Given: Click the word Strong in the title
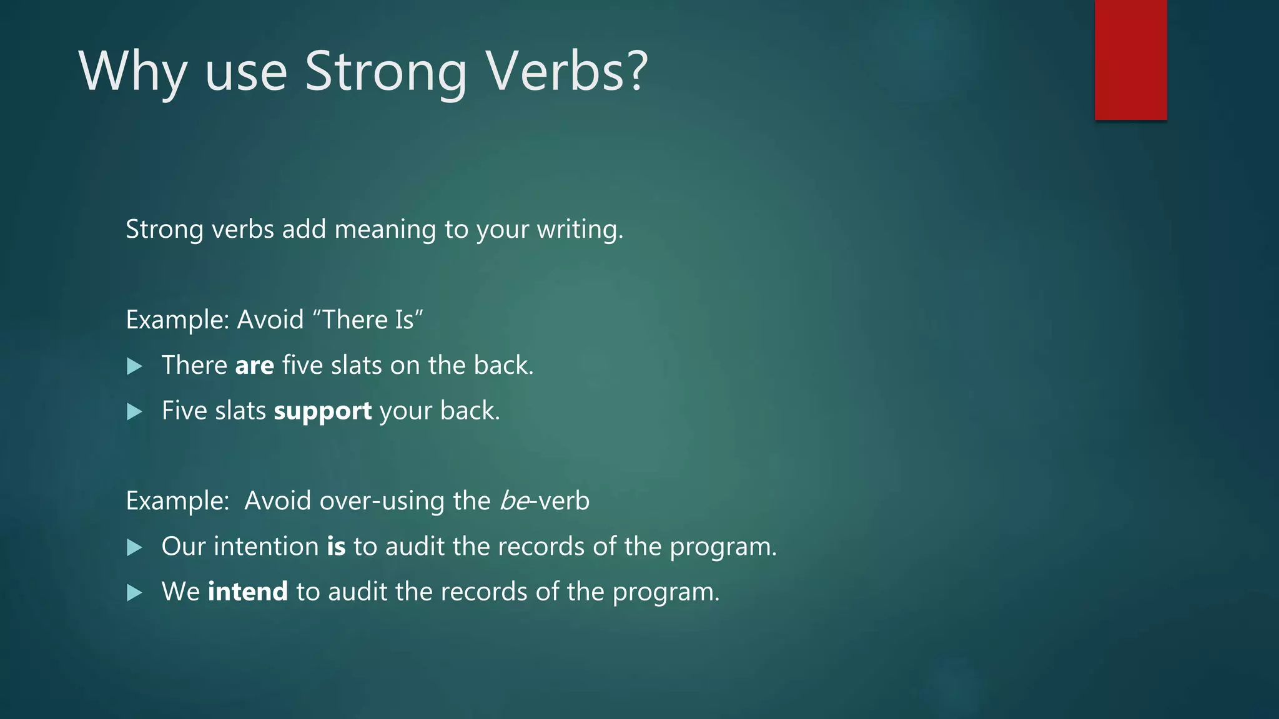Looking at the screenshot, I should (x=385, y=72).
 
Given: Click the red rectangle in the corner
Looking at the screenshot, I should (x=1130, y=60).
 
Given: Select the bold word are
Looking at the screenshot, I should (x=254, y=366).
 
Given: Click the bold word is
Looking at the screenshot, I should (x=336, y=547).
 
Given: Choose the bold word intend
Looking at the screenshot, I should (x=247, y=592).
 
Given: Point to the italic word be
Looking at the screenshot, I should (x=514, y=501).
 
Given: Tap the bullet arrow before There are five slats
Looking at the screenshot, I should (x=134, y=366).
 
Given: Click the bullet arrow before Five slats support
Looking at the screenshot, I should (x=134, y=412).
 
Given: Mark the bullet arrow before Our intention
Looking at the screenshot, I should (x=134, y=548).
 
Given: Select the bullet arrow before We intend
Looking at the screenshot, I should (x=134, y=593).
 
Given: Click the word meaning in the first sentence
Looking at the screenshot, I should (x=385, y=230).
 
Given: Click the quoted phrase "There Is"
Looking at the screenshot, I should (x=367, y=320).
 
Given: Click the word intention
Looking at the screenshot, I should (x=266, y=547).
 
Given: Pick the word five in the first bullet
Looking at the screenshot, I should (x=302, y=366).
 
